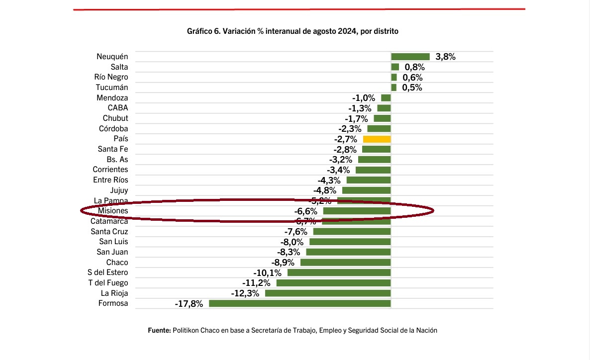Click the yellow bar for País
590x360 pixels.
377,139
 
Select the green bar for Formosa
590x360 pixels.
300,303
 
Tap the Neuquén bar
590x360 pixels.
410,57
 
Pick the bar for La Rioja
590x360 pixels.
328,293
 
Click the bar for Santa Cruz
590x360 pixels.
352,232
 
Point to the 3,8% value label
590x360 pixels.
445,57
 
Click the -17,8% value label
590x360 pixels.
189,304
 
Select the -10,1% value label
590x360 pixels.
268,273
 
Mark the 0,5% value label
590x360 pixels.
412,88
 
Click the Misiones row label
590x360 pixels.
112,211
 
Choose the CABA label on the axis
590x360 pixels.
118,108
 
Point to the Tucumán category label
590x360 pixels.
112,88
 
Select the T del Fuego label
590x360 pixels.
108,283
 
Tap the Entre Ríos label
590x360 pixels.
110,180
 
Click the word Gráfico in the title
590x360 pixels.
198,31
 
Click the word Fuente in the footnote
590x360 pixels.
159,330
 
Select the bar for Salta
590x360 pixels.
395,67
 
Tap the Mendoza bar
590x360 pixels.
386,98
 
